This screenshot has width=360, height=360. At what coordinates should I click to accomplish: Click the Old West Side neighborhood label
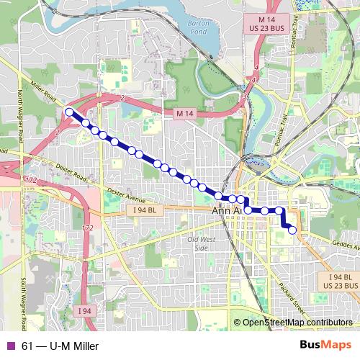click(x=197, y=243)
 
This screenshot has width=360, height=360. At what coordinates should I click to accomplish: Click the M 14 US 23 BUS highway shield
click(x=272, y=21)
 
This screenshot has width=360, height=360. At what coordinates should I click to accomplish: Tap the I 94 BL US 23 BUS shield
click(x=339, y=280)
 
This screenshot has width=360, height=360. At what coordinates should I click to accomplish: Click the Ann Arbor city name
click(x=229, y=211)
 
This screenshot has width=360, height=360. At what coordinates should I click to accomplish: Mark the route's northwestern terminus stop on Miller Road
click(x=69, y=112)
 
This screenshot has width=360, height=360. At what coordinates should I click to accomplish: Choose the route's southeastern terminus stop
click(x=292, y=230)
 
